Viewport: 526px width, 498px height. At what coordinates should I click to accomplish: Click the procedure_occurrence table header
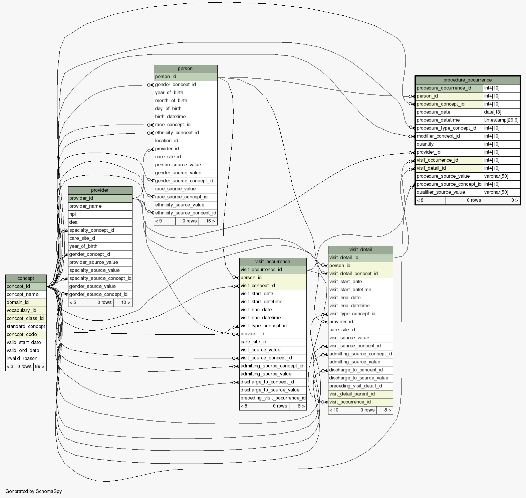[467, 80]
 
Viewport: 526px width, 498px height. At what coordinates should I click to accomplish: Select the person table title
[185, 69]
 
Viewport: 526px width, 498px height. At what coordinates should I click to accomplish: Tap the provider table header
[100, 190]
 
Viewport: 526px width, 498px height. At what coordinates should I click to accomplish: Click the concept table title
[26, 279]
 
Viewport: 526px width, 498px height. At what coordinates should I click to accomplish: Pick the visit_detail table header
[360, 250]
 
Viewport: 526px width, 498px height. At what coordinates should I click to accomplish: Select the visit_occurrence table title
[272, 262]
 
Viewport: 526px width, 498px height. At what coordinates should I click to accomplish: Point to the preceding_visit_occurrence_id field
[273, 398]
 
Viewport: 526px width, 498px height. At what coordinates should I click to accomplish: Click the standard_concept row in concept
[26, 327]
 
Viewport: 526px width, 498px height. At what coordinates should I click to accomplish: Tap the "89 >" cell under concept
[39, 367]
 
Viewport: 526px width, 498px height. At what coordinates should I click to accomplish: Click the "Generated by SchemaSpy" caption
[33, 491]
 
